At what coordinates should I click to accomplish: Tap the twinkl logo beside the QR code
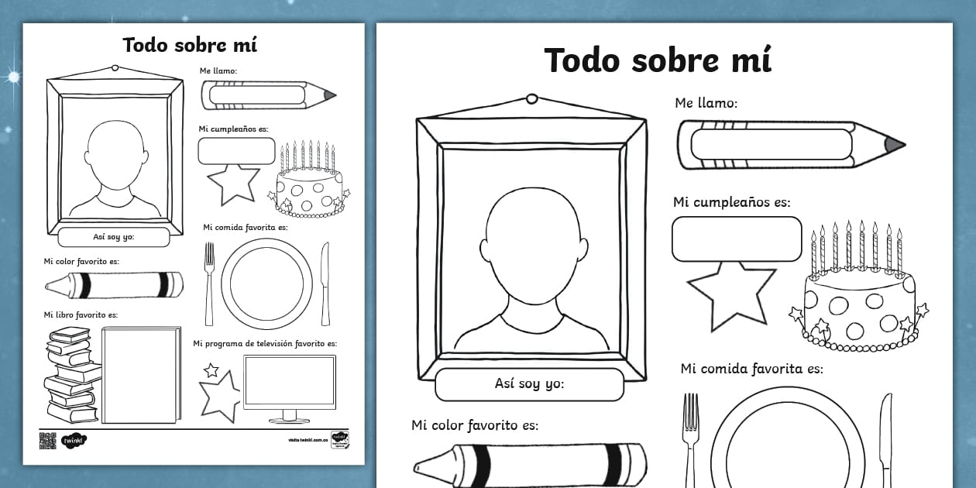pyautogui.click(x=73, y=440)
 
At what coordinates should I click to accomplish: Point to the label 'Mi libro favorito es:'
pyautogui.click(x=81, y=314)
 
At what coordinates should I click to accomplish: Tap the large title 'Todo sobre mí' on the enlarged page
pyautogui.click(x=658, y=60)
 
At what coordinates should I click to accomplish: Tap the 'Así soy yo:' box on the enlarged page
pyautogui.click(x=529, y=384)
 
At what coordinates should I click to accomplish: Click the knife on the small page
pyautogui.click(x=326, y=283)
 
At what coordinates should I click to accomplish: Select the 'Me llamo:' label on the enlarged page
pyautogui.click(x=706, y=102)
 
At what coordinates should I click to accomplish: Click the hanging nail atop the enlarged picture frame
pyautogui.click(x=532, y=99)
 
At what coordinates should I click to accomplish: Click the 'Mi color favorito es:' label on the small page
pyautogui.click(x=81, y=261)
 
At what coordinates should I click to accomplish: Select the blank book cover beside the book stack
pyautogui.click(x=140, y=375)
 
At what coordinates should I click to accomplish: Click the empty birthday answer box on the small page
pyautogui.click(x=236, y=150)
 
